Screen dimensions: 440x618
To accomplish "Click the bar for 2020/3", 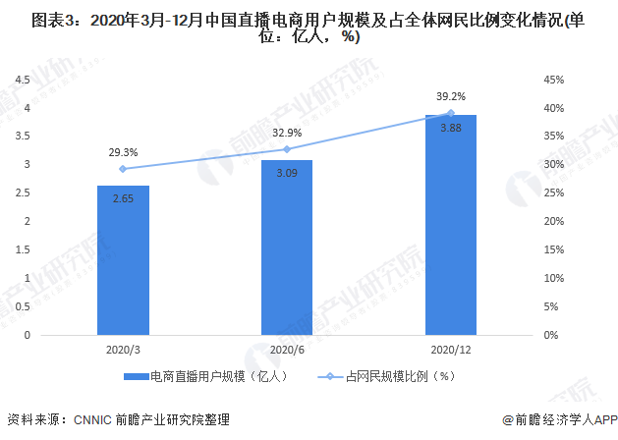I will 123,260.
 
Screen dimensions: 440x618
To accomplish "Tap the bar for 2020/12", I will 451,225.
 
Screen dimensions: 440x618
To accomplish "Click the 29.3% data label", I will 123,152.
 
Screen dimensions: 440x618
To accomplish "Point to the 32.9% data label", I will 287,133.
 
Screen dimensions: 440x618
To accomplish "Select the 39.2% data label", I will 451,96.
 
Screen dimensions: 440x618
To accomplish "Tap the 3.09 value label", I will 287,174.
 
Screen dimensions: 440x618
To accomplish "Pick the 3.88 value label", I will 451,129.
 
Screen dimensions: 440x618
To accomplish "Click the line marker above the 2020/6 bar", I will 287,149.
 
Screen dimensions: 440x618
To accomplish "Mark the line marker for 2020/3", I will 123,169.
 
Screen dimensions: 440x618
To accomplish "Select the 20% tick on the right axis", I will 552,221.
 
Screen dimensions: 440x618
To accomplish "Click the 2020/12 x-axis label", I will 451,349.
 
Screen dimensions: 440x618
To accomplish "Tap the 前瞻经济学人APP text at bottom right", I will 563,419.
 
